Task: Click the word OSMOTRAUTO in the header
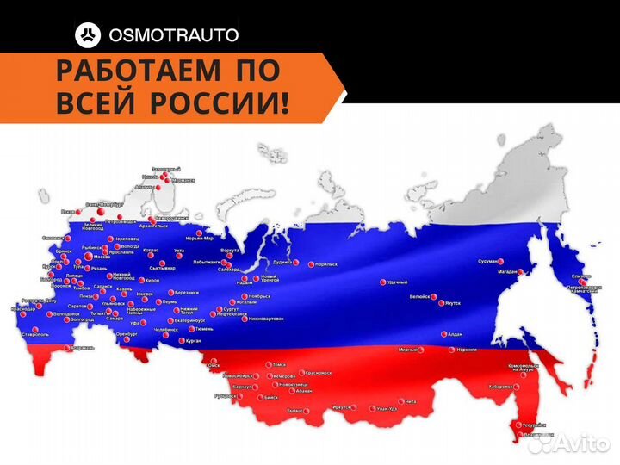coord(173,35)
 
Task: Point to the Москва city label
coord(101,257)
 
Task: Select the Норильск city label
coord(326,263)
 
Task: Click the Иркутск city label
coord(342,406)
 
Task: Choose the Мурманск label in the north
coord(183,181)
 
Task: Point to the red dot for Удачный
coord(381,282)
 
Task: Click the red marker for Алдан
coord(443,334)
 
